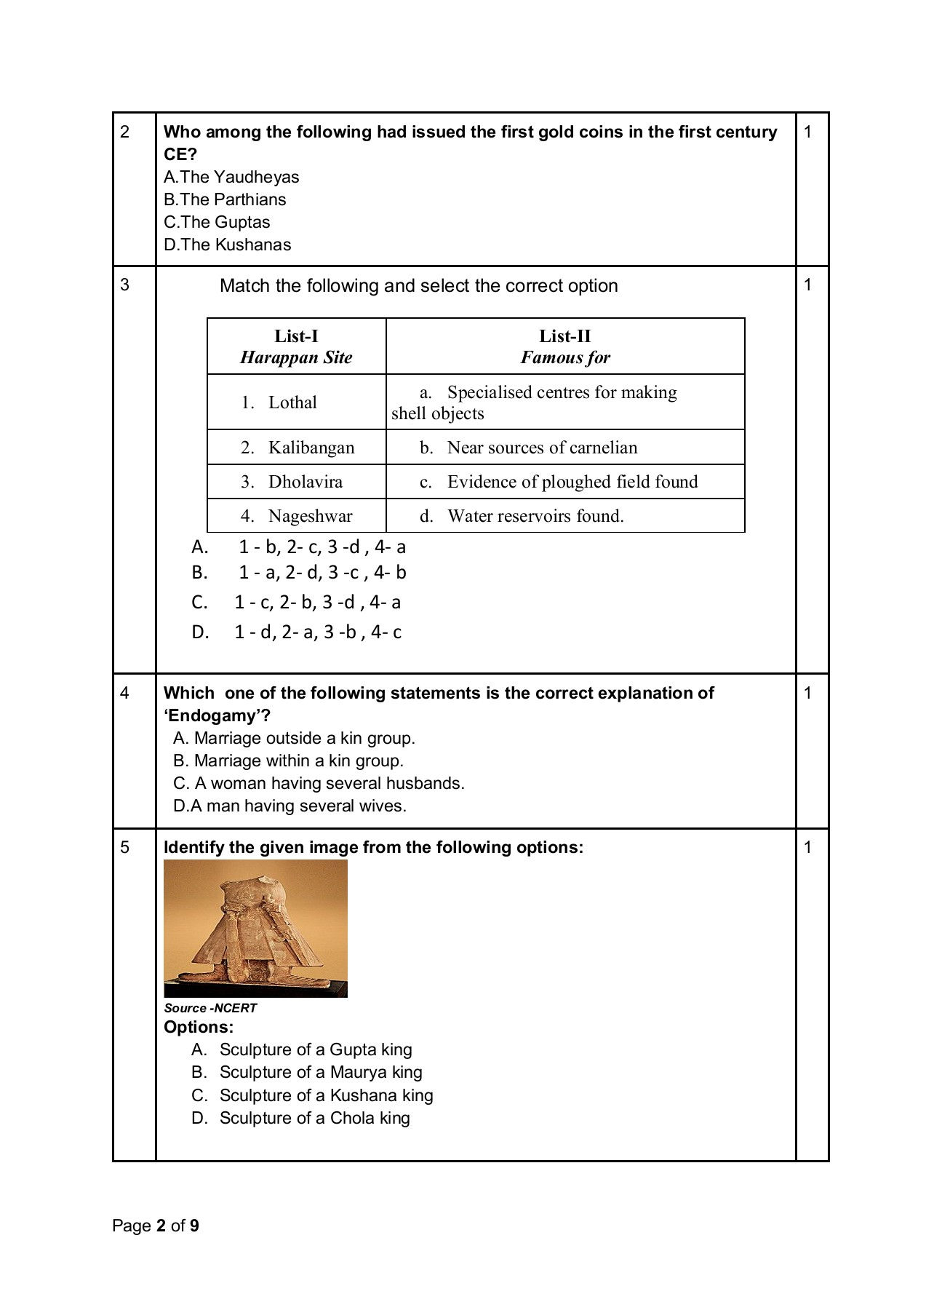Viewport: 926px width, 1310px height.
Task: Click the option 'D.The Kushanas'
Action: (x=227, y=245)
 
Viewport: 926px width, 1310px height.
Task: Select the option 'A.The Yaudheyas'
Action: (x=231, y=177)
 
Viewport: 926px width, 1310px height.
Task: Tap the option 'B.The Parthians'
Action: (x=225, y=199)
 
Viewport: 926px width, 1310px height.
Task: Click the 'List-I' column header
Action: (x=296, y=336)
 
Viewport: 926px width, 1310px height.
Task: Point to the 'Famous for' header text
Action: (x=565, y=357)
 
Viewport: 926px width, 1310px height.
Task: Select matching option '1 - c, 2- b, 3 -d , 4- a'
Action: (x=317, y=603)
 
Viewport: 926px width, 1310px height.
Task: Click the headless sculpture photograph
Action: (x=255, y=928)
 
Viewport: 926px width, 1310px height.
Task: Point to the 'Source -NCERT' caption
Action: (x=210, y=1008)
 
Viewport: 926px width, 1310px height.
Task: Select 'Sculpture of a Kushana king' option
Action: (x=326, y=1095)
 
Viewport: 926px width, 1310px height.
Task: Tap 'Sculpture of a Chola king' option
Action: (x=314, y=1118)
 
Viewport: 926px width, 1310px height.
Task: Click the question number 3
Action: (x=125, y=285)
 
